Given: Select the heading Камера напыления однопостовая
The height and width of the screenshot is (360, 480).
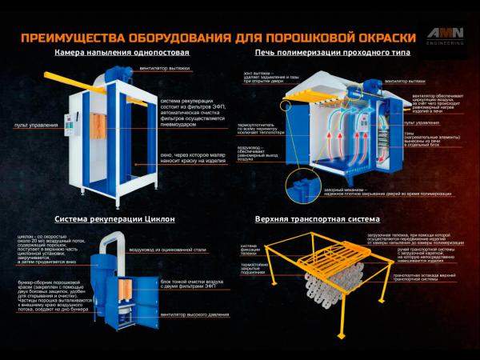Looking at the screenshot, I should (122, 53).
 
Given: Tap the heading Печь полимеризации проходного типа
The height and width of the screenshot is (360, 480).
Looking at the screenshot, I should (331, 53).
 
